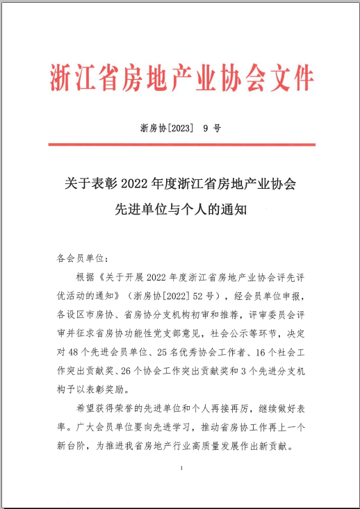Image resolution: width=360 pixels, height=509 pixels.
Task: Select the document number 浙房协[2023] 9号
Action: (180, 128)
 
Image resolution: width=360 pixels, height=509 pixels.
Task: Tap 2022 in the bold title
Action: (136, 184)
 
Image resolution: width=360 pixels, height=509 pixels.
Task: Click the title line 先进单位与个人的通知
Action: (181, 208)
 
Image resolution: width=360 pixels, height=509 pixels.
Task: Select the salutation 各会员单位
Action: (81, 257)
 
